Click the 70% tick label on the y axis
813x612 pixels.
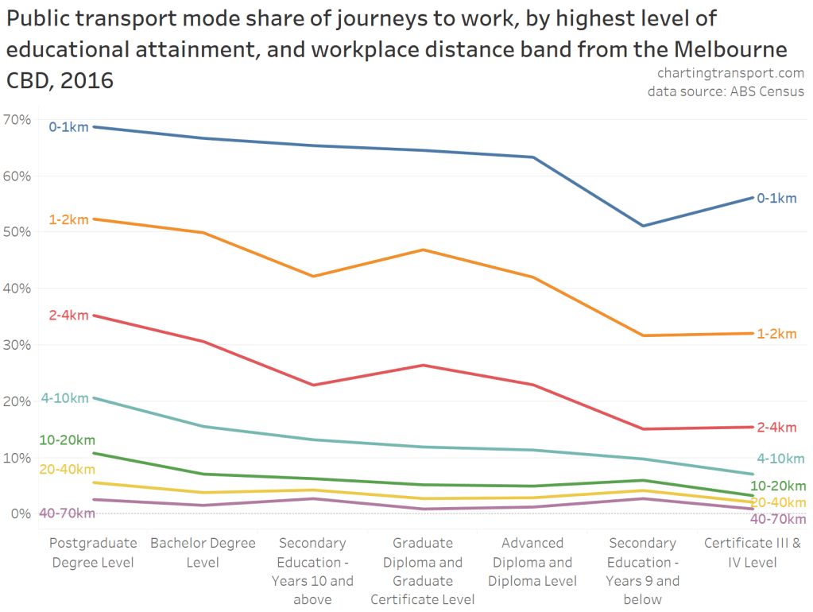coord(17,119)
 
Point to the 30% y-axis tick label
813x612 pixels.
coord(17,345)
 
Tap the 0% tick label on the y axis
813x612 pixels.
coord(21,513)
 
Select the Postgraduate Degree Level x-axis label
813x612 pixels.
coord(92,553)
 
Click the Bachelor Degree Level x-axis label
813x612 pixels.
coord(203,553)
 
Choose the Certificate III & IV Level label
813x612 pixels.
coord(753,553)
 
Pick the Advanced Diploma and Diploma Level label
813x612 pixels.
coord(532,561)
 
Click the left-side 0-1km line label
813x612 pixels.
coord(68,126)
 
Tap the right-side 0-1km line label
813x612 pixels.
coord(776,198)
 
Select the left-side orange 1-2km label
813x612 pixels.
coord(68,219)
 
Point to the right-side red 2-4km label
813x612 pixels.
coord(776,428)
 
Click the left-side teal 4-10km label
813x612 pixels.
coord(65,398)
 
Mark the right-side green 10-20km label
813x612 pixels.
coord(778,486)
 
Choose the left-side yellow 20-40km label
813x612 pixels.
coord(67,469)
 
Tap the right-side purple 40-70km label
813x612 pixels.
coord(778,519)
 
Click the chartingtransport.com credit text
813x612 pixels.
coord(730,73)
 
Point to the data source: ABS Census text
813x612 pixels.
coord(726,91)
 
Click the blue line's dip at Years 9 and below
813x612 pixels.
coord(642,226)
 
